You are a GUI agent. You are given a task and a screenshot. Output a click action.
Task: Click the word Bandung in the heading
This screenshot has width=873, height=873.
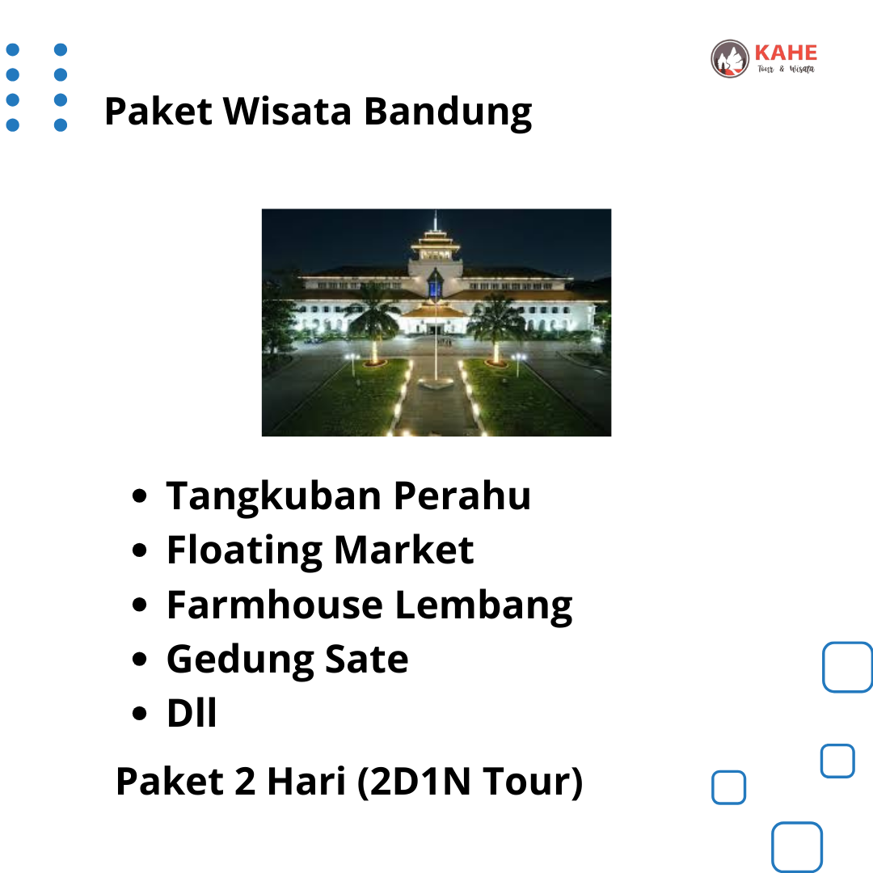pos(448,112)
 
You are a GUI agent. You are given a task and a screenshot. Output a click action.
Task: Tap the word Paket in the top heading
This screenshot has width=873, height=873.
pos(158,111)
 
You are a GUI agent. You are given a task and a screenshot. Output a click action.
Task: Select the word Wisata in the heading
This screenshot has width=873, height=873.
pos(288,111)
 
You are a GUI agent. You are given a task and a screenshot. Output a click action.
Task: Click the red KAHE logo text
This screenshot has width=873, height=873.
pos(786,53)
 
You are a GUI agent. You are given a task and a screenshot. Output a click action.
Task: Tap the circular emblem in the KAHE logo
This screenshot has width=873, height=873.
pos(730,58)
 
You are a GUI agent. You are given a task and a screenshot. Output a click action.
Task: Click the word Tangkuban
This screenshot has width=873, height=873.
pos(273,496)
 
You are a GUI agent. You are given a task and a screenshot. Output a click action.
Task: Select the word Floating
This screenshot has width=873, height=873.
pos(244,551)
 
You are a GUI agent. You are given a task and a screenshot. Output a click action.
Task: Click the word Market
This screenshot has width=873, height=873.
pos(404,550)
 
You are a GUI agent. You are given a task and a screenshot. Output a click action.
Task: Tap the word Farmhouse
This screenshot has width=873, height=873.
pos(275,605)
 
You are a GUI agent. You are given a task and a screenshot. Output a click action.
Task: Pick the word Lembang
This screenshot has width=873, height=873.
pos(484,606)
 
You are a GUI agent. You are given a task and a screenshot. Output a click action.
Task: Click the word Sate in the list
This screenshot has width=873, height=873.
pos(366,660)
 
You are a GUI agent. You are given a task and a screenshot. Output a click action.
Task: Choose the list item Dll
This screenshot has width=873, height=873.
pos(192,713)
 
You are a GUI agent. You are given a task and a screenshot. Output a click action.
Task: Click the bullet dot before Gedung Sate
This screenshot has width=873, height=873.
pos(139,660)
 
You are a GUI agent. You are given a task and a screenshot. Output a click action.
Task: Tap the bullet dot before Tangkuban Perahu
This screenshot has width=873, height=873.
pos(139,496)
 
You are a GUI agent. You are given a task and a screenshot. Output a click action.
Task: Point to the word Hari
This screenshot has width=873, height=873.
pos(306,781)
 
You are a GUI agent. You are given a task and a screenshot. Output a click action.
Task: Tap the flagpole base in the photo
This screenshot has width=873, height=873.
pos(436,382)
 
